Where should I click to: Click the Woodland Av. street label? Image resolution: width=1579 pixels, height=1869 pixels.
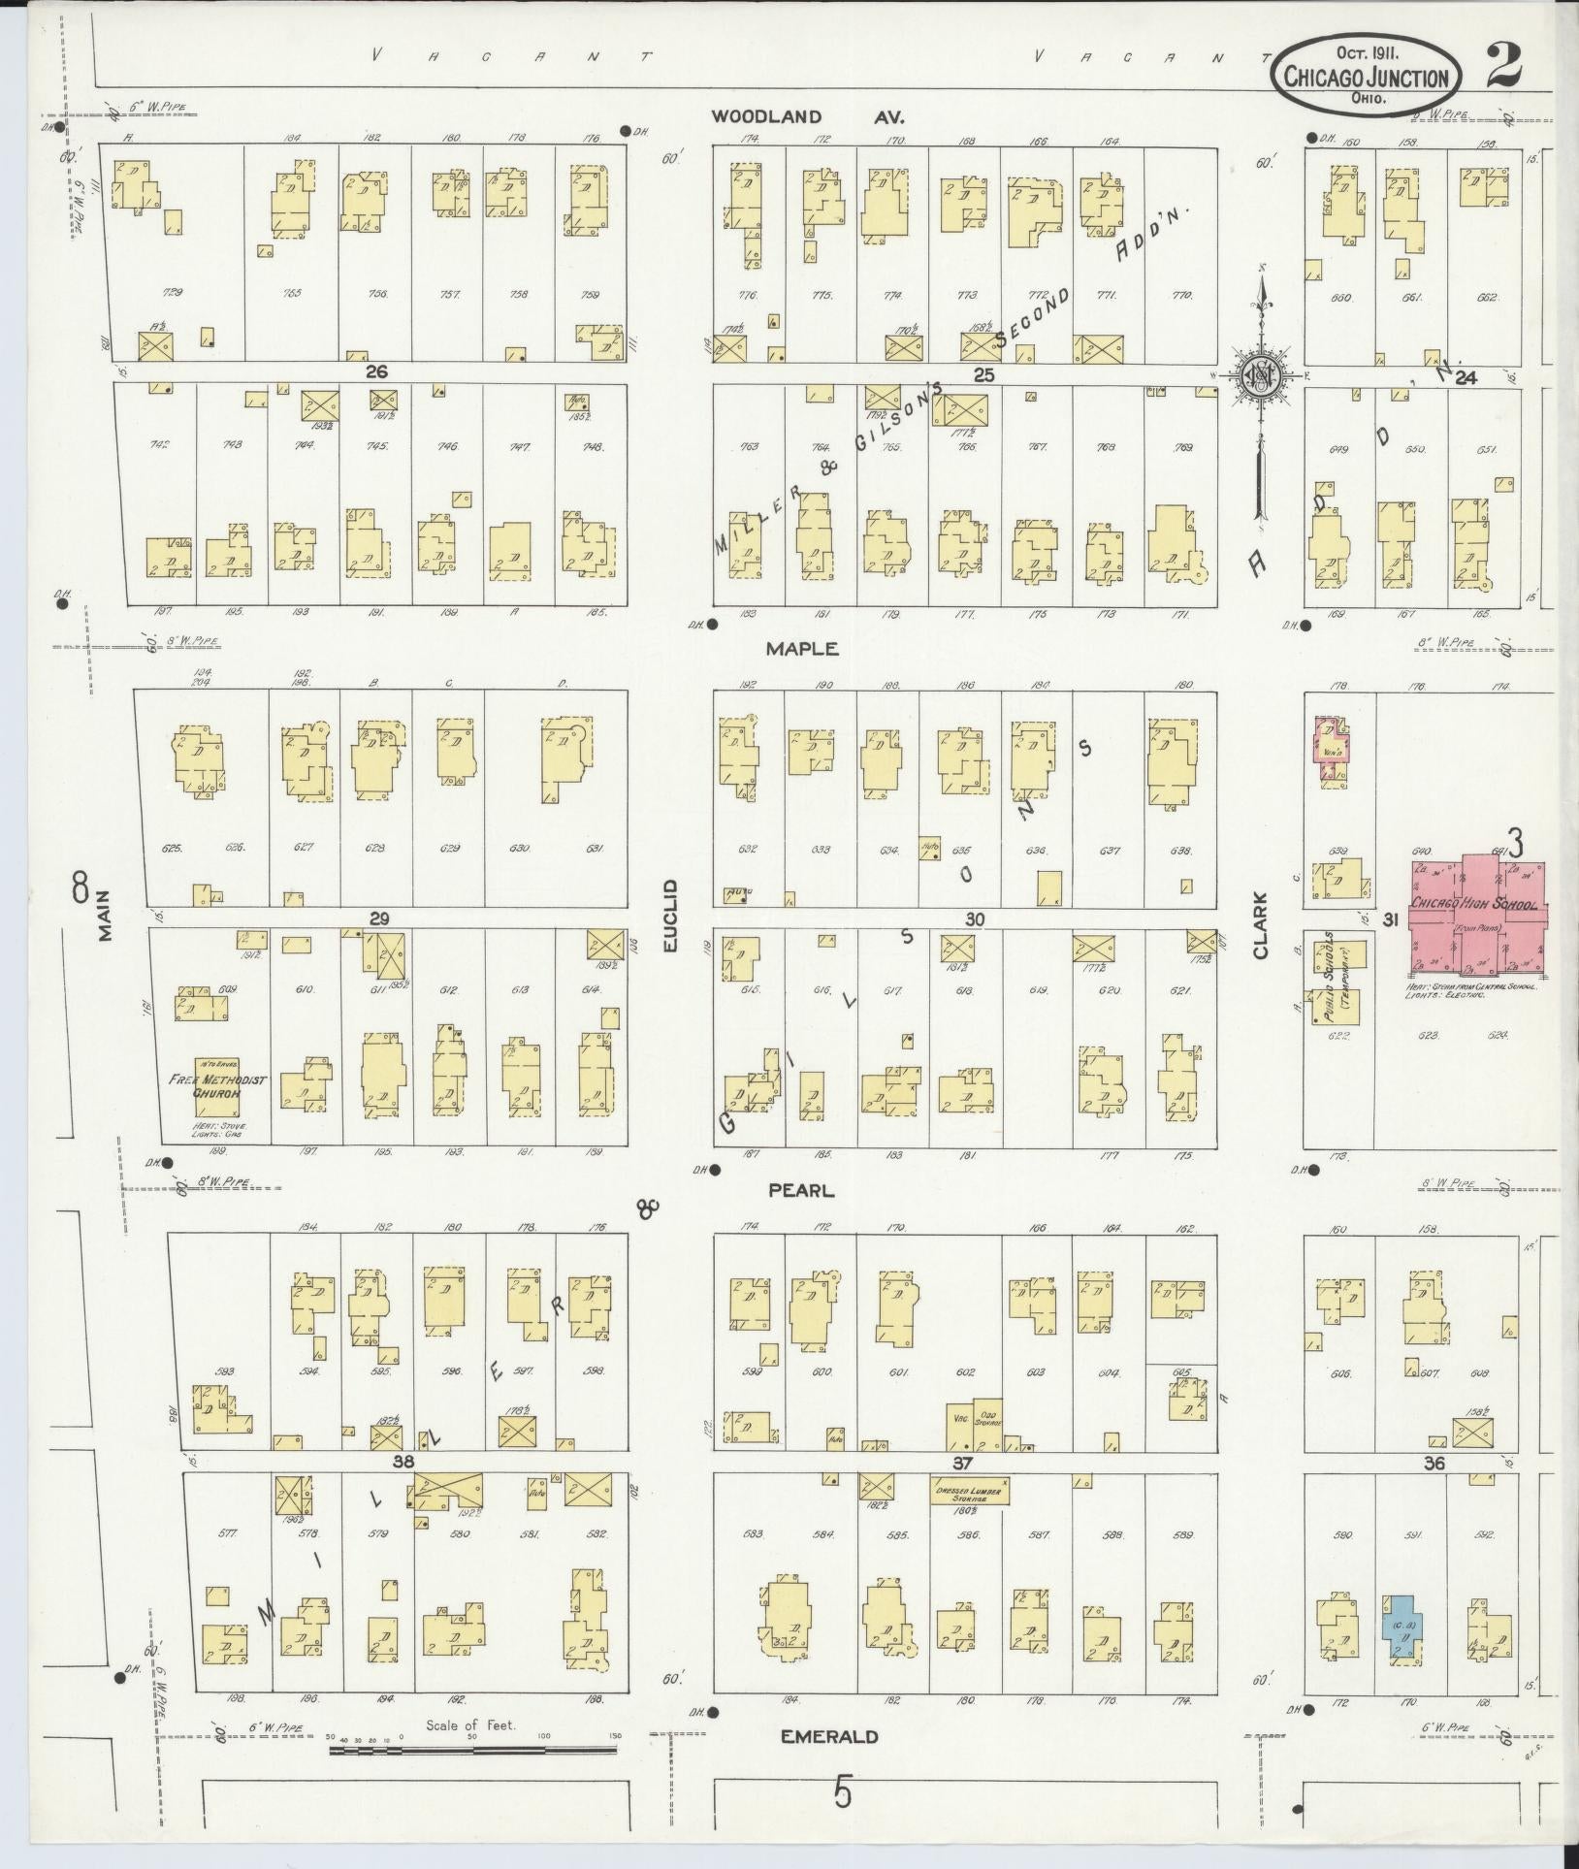pyautogui.click(x=807, y=116)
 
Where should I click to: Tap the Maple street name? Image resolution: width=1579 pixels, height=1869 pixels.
pyautogui.click(x=801, y=649)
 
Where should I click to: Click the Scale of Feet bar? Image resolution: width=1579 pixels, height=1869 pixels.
pyautogui.click(x=472, y=1751)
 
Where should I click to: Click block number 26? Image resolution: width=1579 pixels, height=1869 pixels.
pyautogui.click(x=376, y=371)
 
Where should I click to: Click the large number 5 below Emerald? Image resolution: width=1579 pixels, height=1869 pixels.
pyautogui.click(x=843, y=1792)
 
